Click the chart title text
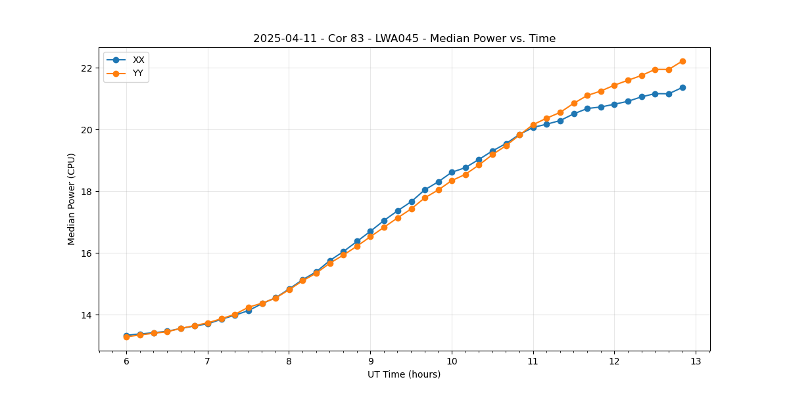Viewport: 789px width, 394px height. (404, 39)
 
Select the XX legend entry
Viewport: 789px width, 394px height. (138, 60)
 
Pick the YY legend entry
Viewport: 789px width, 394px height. (138, 73)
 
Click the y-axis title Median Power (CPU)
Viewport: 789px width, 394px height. (72, 199)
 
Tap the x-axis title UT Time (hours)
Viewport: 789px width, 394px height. (404, 374)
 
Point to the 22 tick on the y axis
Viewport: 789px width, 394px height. (85, 68)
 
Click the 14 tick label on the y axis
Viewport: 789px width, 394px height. (85, 315)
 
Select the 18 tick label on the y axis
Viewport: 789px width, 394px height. (85, 192)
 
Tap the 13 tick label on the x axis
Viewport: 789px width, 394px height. (696, 362)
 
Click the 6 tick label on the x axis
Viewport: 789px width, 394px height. (126, 362)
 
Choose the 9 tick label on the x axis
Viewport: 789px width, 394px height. (370, 362)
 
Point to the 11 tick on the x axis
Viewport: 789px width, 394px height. (533, 362)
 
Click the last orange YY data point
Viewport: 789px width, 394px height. (682, 61)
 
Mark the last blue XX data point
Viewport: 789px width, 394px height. (682, 87)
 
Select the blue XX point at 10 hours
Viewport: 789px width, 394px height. (452, 172)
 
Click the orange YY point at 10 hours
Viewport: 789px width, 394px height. (452, 181)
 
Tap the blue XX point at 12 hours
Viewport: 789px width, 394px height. (614, 104)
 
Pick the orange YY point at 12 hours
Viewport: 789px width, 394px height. (614, 85)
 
